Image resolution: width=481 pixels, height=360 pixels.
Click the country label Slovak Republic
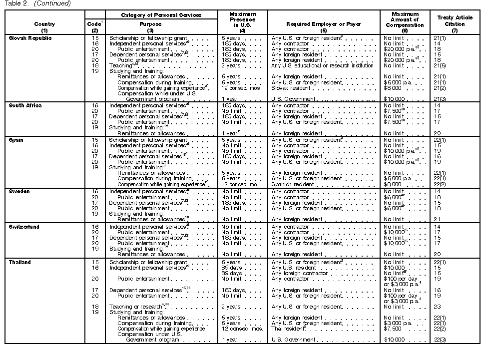[30, 38]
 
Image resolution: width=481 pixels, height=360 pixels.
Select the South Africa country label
[27, 105]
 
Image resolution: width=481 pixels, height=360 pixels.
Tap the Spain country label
[16, 140]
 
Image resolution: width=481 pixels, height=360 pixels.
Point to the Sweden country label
[19, 192]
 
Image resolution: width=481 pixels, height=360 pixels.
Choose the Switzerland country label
[24, 227]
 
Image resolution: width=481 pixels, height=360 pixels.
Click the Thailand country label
[20, 262]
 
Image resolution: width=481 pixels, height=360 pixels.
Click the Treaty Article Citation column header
[454, 23]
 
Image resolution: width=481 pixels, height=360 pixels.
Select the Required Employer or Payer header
[323, 24]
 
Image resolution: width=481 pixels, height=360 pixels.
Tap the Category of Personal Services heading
[161, 15]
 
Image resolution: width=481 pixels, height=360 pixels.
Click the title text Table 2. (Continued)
[37, 3]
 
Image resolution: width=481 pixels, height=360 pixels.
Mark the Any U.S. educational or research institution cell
[322, 65]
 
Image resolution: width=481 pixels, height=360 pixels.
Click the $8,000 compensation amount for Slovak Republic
[392, 88]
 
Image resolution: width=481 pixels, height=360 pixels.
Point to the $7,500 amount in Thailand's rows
[393, 329]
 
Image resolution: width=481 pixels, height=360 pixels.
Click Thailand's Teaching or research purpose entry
[135, 307]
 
